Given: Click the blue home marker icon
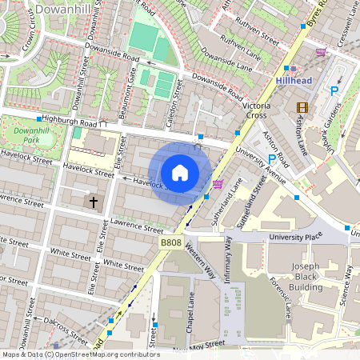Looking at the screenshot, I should click(180, 172).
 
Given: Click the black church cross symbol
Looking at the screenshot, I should click(94, 202).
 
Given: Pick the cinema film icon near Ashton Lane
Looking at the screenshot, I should click(302, 107).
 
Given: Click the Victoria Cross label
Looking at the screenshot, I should click(259, 110).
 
